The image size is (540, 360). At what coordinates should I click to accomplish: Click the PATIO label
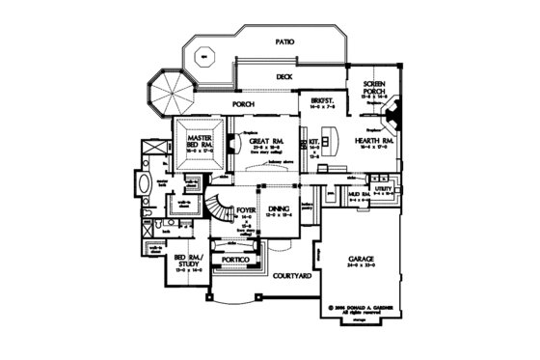click(x=283, y=42)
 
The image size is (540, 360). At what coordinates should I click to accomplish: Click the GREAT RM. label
click(x=262, y=141)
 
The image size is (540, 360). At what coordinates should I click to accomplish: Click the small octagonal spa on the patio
click(x=204, y=55)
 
